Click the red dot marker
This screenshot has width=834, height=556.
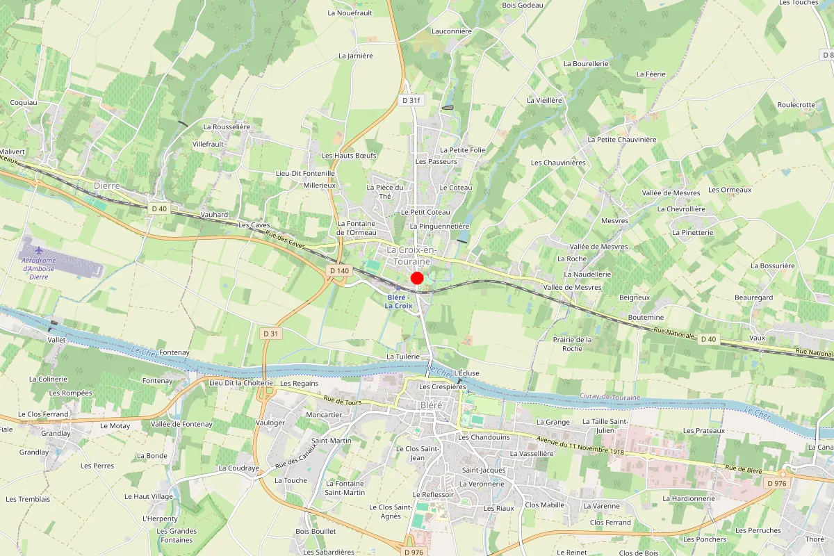click(417, 278)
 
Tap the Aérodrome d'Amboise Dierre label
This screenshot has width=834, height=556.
click(39, 268)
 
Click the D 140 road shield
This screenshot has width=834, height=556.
click(339, 270)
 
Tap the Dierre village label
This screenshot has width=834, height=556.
click(106, 186)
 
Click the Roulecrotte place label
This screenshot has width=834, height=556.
click(796, 105)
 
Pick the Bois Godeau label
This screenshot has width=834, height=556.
click(522, 5)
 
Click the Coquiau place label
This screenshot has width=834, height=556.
click(23, 102)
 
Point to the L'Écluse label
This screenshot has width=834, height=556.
click(466, 373)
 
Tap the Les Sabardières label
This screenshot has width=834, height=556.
click(328, 552)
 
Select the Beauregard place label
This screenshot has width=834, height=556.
click(753, 297)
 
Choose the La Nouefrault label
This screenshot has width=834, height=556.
click(350, 13)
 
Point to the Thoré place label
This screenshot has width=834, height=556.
click(814, 539)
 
